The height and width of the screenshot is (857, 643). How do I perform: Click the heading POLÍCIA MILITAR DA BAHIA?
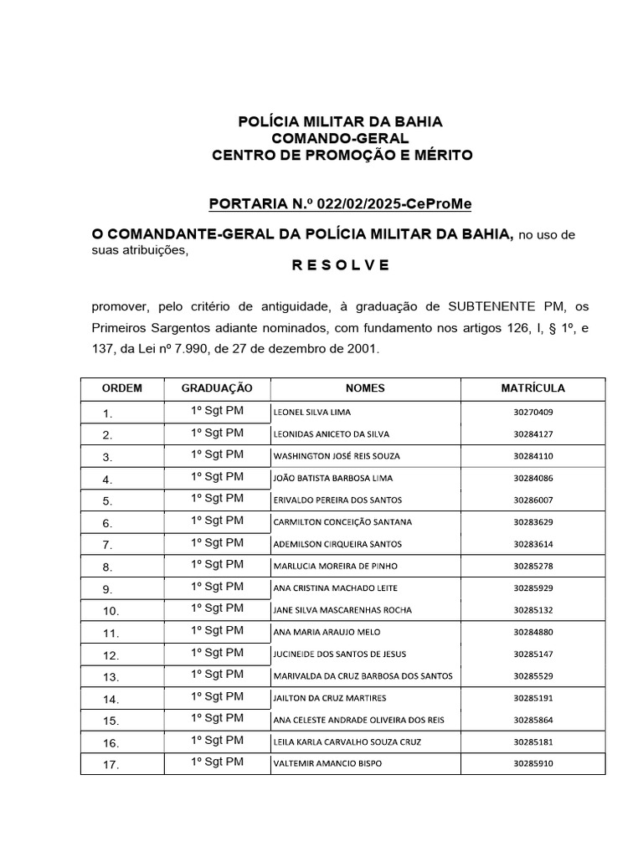point(341,122)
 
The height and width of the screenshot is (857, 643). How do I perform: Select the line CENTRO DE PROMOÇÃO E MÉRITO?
point(342,156)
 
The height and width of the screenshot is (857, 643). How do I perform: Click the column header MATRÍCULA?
point(532,388)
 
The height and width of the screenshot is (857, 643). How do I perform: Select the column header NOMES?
point(364,388)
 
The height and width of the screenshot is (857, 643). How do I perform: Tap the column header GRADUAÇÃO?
point(217,388)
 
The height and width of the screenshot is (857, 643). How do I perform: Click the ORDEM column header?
point(122,388)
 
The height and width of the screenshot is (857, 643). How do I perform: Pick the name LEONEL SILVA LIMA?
point(312,413)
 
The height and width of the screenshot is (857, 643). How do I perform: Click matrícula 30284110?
point(533,456)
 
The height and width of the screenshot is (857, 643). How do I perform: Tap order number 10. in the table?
point(111,610)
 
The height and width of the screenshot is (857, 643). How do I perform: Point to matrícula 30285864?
point(533,719)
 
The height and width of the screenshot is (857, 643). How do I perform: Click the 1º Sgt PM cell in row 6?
point(217,521)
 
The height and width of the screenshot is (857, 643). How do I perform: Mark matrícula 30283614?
point(533,544)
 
